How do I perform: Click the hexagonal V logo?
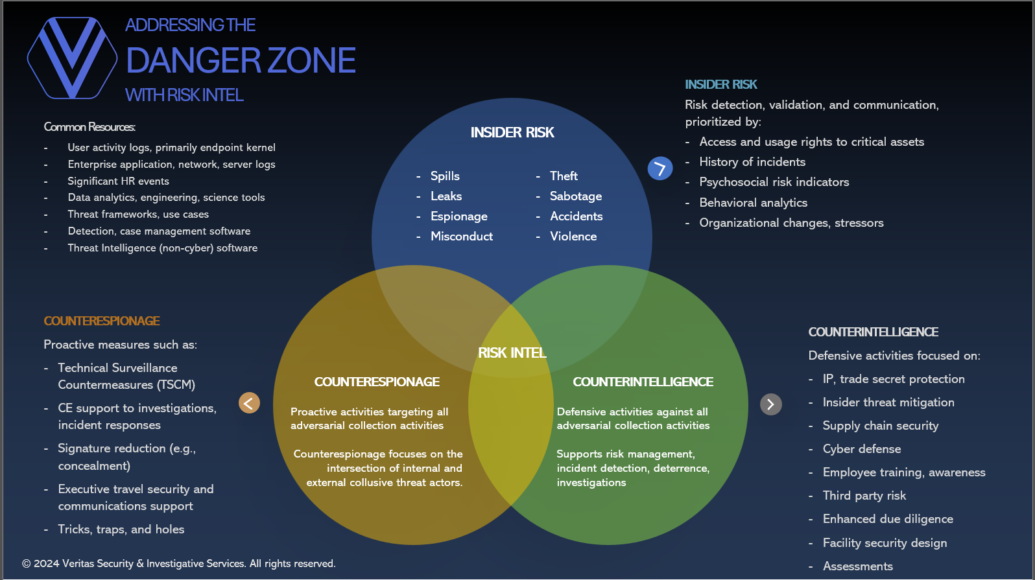pyautogui.click(x=72, y=58)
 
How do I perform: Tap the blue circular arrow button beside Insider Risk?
pyautogui.click(x=660, y=168)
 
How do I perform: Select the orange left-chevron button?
pyautogui.click(x=249, y=403)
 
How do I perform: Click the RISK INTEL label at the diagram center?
pyautogui.click(x=512, y=353)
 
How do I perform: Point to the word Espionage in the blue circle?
pyautogui.click(x=458, y=216)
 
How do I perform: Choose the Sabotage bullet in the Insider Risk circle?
pyautogui.click(x=575, y=196)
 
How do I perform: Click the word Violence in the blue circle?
pyautogui.click(x=573, y=237)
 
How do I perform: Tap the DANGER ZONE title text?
pyautogui.click(x=241, y=60)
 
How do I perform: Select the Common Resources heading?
pyautogui.click(x=89, y=127)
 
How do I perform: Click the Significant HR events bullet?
pyautogui.click(x=118, y=181)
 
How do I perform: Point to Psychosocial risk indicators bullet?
pyautogui.click(x=774, y=182)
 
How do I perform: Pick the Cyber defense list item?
pyautogui.click(x=861, y=449)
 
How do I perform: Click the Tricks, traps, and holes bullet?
pyautogui.click(x=121, y=529)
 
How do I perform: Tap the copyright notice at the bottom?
pyautogui.click(x=179, y=564)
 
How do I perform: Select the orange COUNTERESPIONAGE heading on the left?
pyautogui.click(x=102, y=321)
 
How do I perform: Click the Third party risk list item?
pyautogui.click(x=864, y=496)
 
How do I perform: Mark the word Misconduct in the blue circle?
pyautogui.click(x=461, y=237)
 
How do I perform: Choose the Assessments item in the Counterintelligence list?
pyautogui.click(x=857, y=566)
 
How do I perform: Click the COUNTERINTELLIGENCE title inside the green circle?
pyautogui.click(x=643, y=382)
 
